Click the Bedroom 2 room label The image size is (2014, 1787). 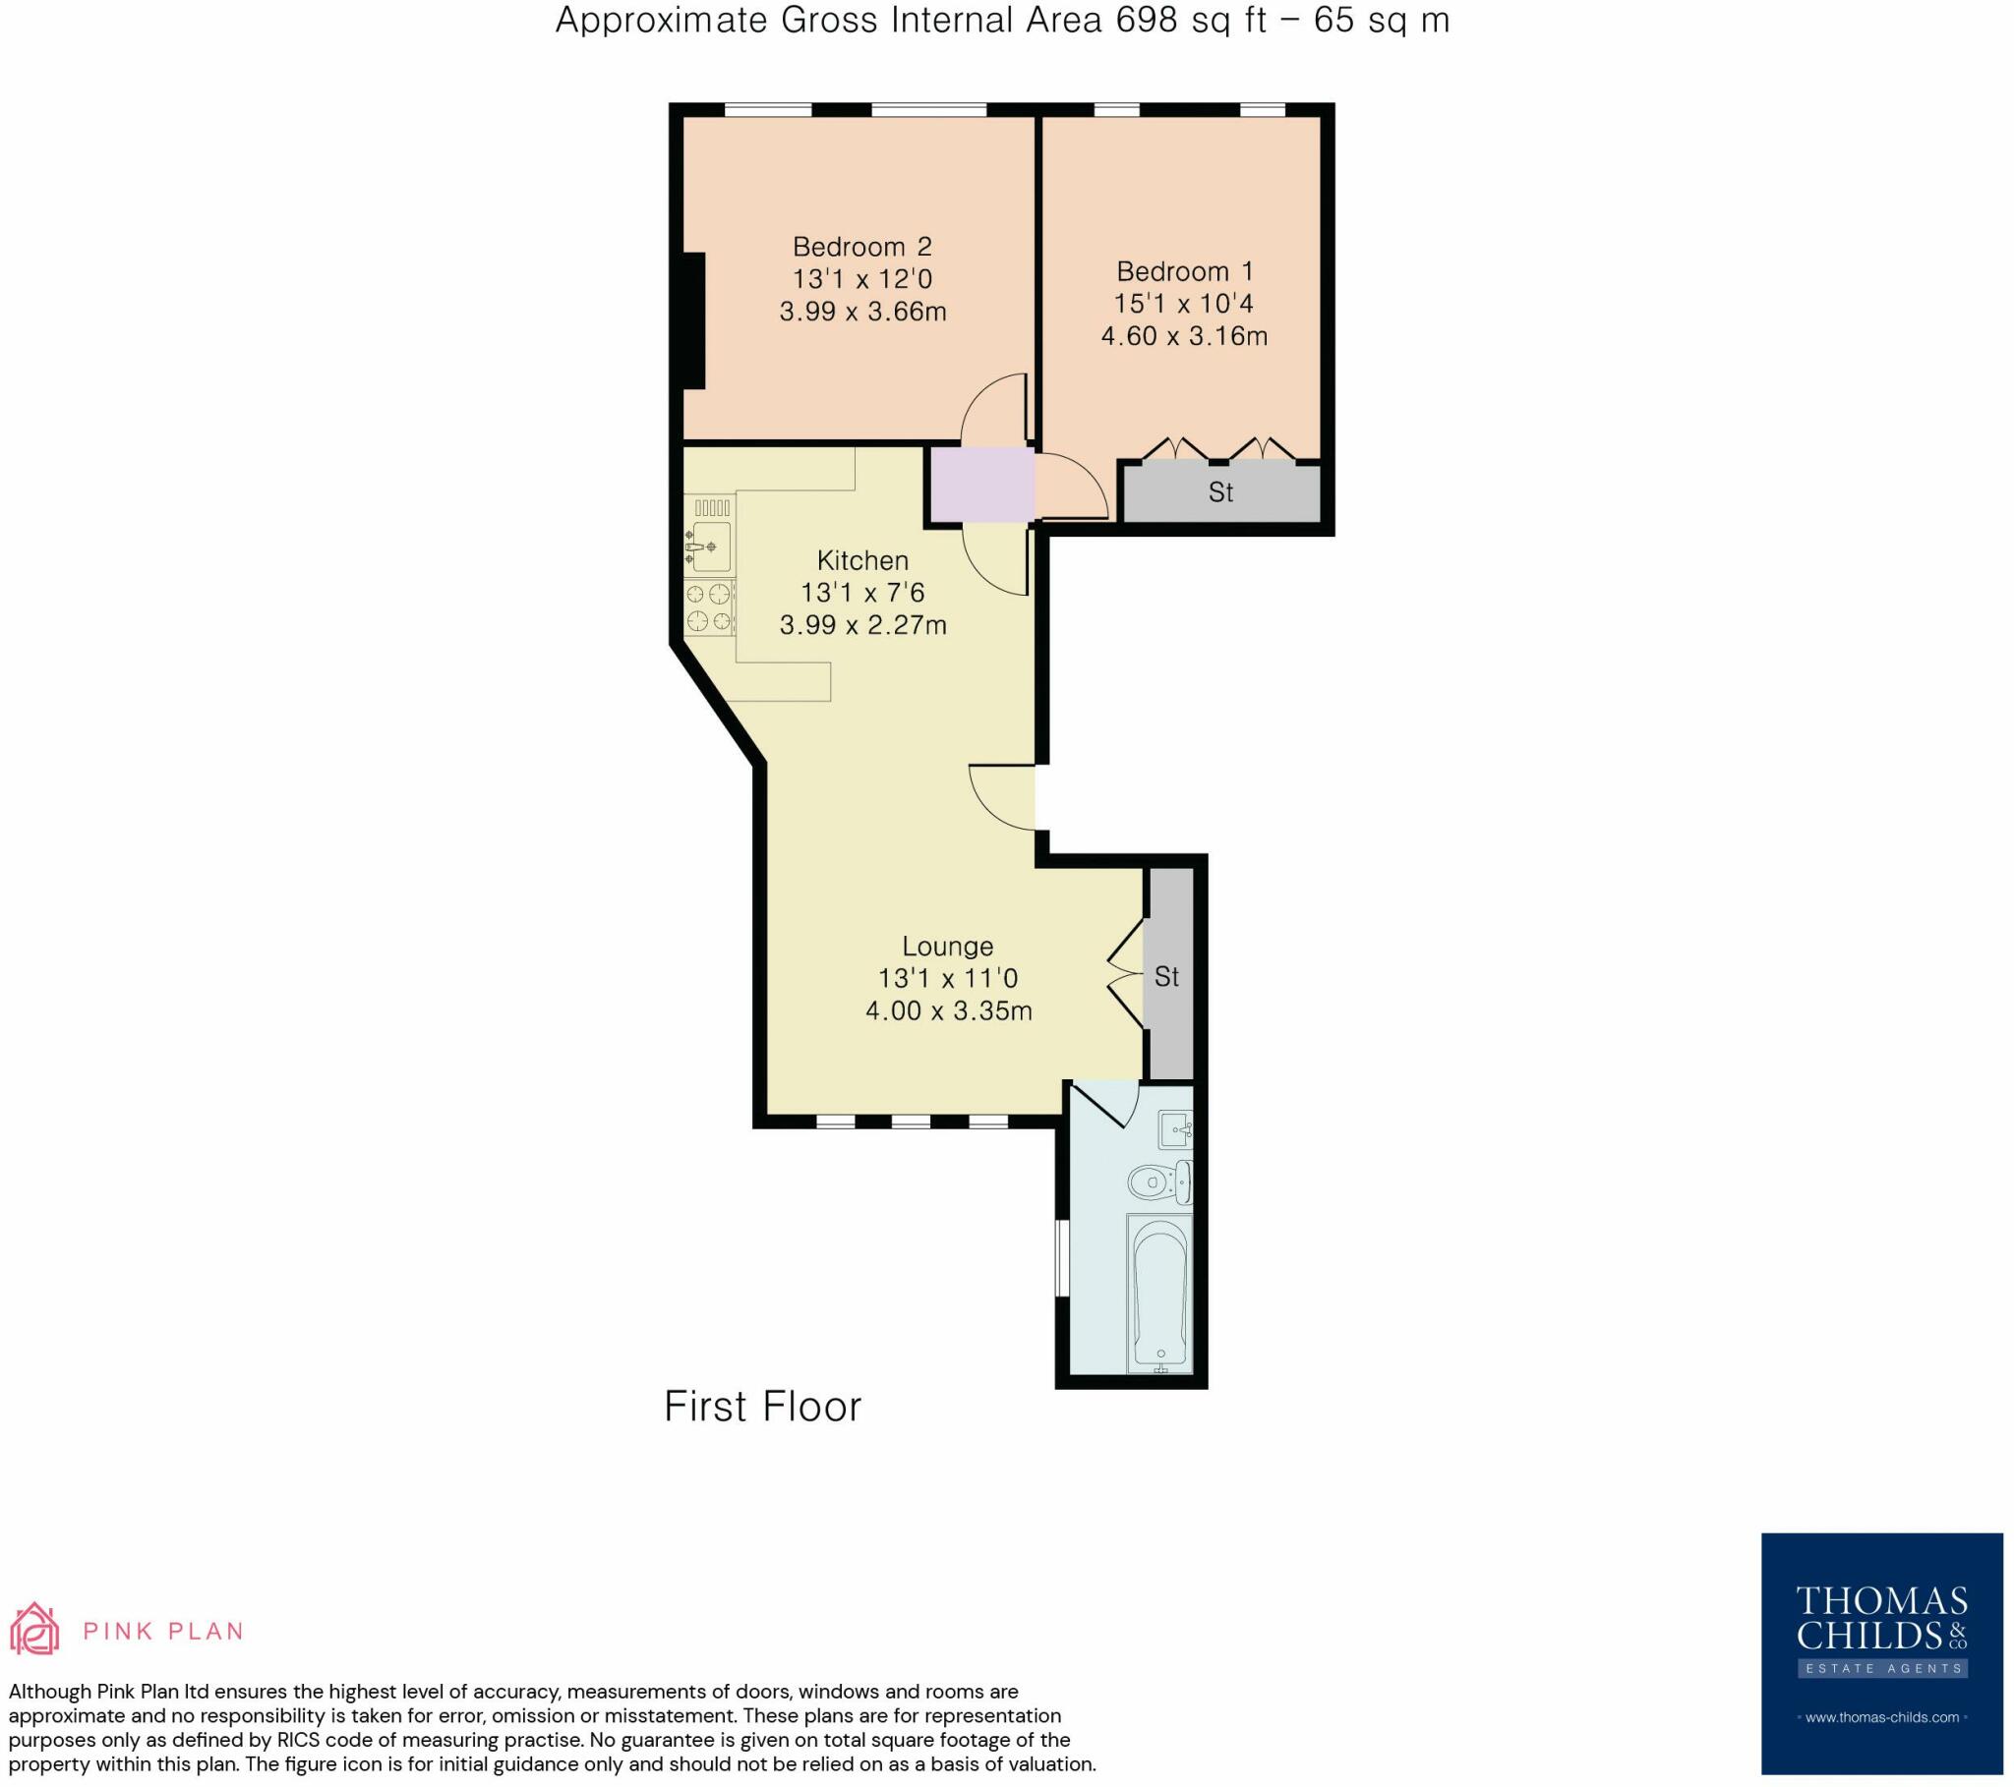pos(862,247)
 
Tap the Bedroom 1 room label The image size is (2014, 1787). pos(1184,271)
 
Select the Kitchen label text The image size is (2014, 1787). pos(862,560)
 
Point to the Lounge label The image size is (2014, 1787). pos(948,947)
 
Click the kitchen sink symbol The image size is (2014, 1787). pos(709,547)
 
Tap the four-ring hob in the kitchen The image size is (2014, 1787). pos(709,606)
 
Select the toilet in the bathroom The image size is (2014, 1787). pos(1158,1182)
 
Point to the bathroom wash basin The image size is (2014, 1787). pos(1176,1129)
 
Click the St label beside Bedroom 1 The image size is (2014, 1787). pos(1220,491)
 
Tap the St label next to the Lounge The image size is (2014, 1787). pos(1166,976)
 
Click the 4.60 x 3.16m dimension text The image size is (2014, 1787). pos(1184,336)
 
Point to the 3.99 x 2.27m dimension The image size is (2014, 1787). pos(862,624)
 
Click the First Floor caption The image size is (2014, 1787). pos(763,1407)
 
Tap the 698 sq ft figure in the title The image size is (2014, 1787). pos(1191,20)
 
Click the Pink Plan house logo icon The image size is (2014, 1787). pos(34,1629)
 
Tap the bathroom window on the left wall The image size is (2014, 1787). pos(1062,1259)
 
